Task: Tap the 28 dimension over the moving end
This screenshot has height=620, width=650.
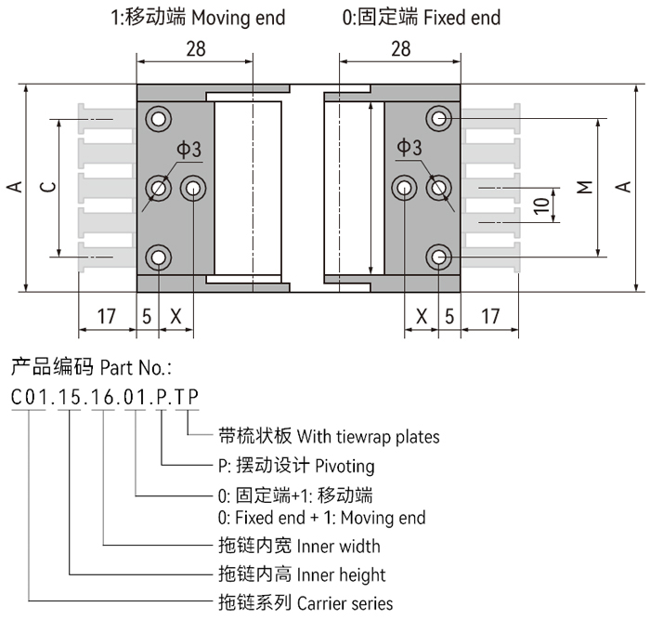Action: pos(195,49)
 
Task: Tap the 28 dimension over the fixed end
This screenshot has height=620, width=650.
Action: pos(401,49)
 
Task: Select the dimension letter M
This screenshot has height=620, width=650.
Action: pos(584,187)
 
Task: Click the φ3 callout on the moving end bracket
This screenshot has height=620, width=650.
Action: pos(189,149)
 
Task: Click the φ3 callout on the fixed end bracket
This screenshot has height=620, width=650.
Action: pos(409,149)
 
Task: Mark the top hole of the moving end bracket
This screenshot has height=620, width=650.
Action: pos(160,118)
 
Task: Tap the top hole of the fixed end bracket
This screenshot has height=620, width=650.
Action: pos(438,118)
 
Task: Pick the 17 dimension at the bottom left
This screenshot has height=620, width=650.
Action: pos(107,316)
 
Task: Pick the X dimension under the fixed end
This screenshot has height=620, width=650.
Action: pos(422,316)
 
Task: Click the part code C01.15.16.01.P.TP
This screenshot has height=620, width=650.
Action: pos(103,397)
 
